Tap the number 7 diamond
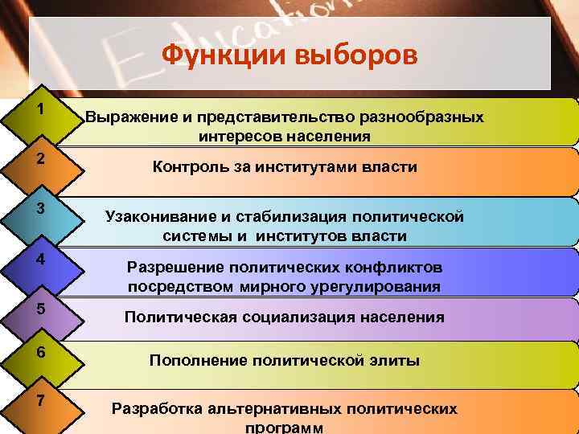coord(40,401)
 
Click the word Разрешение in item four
coord(174,267)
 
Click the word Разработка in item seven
coord(157,408)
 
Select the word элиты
coord(395,361)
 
